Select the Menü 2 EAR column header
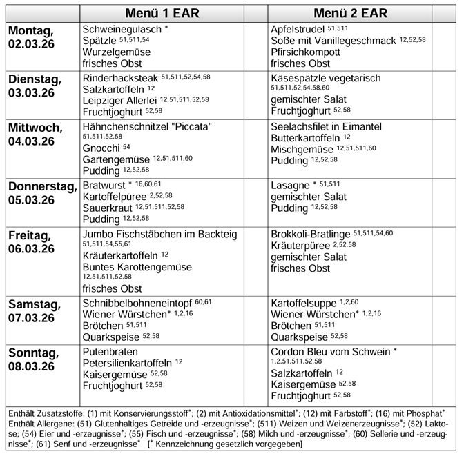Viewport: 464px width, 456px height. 350,13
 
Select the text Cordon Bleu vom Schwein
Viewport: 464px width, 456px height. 330,351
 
